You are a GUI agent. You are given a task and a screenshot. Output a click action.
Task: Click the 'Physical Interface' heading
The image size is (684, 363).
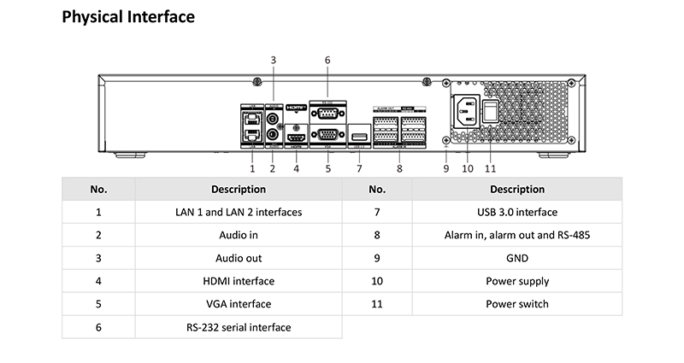[128, 16]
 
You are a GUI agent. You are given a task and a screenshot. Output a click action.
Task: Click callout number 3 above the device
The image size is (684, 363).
[274, 60]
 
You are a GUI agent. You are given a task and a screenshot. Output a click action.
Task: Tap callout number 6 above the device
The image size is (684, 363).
[327, 60]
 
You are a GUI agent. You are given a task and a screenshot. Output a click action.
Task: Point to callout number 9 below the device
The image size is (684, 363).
[445, 169]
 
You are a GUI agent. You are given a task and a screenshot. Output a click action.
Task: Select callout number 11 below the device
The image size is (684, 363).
[490, 169]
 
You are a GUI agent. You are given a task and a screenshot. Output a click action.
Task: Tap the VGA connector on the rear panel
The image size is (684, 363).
[326, 134]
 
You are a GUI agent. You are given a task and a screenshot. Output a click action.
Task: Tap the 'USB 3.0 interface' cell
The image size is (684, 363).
[516, 212]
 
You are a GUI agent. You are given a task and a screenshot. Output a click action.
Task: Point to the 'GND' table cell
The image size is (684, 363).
[516, 258]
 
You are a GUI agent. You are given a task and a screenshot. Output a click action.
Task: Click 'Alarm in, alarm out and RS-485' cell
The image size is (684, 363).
[516, 235]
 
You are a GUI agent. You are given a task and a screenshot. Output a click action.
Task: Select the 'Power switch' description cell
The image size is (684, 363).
[516, 304]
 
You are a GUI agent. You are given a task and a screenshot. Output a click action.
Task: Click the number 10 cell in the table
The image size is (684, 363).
[377, 281]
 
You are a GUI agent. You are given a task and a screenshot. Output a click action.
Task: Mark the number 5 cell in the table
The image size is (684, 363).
[99, 304]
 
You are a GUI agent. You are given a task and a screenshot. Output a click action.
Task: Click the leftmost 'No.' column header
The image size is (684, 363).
[99, 189]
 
